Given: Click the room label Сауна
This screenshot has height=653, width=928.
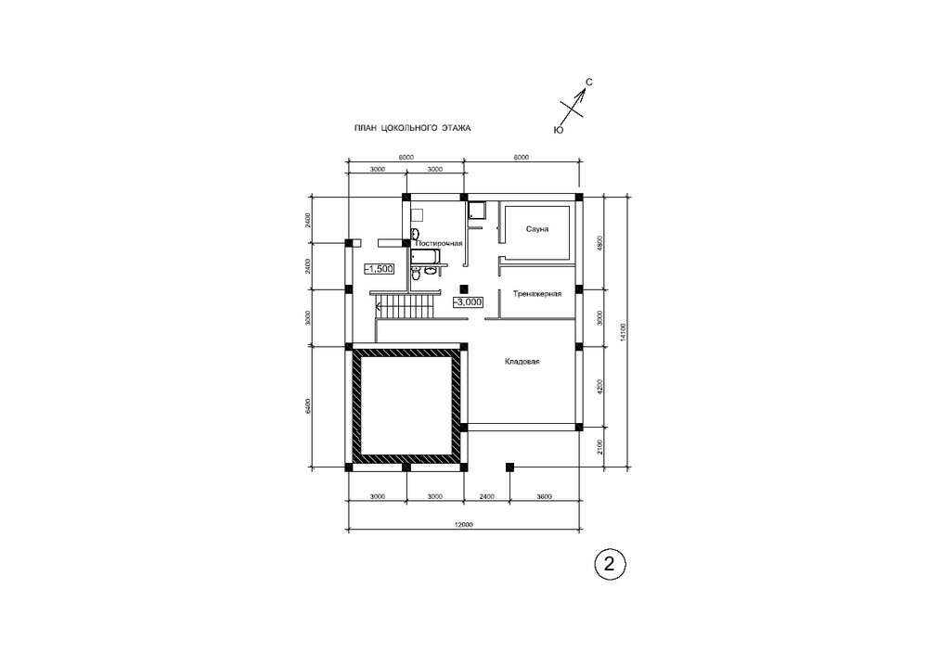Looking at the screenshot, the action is pos(536,229).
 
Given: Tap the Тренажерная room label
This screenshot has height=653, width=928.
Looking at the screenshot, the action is pos(536,293).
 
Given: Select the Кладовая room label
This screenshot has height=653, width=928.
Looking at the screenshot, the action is pos(522,362).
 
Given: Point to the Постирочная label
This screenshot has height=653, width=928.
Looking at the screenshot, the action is pos(439,243).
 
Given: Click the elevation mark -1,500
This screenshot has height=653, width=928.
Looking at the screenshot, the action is pos(379,269).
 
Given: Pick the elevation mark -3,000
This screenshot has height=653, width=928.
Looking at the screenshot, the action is pos(468,302).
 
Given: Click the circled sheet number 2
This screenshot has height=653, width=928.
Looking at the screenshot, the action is pos(609,563).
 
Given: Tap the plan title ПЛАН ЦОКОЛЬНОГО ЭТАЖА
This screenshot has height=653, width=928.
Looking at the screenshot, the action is pos(413,128).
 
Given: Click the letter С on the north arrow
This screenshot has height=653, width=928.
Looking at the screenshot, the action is pos(589,83).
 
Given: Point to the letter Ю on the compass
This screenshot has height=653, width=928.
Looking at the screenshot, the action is pos(558,130).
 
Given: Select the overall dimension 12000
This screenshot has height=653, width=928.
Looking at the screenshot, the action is pos(463,524).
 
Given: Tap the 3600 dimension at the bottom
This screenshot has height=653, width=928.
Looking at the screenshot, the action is pos(544,496).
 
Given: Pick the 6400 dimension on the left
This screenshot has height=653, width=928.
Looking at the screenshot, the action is pos(307,406).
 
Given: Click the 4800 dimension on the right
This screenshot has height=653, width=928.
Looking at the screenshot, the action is pos(599,243).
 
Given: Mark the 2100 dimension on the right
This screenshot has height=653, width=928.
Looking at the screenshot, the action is pos(599,447).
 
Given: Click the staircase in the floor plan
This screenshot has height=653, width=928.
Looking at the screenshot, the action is pos(406,308).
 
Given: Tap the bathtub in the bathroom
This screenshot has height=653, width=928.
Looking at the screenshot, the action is pos(426,257).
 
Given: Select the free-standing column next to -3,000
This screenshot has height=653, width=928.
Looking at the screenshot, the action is pos(464,288).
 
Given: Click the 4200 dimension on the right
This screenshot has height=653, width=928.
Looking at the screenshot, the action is pos(599,387).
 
